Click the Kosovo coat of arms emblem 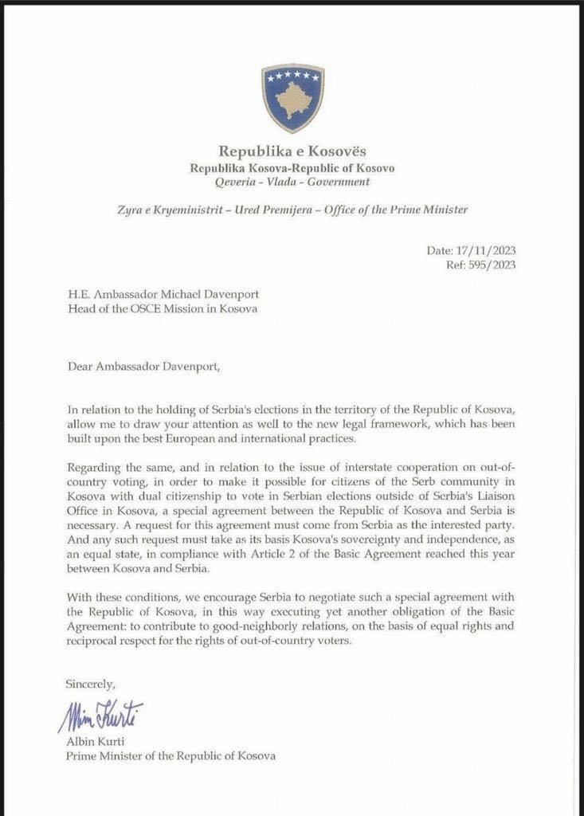click(292, 97)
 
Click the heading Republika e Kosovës click(292, 151)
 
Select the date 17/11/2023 click(488, 250)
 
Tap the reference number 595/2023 click(492, 265)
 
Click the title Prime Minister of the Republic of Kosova click(170, 755)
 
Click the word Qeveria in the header click(237, 182)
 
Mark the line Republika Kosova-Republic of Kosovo click(292, 167)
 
